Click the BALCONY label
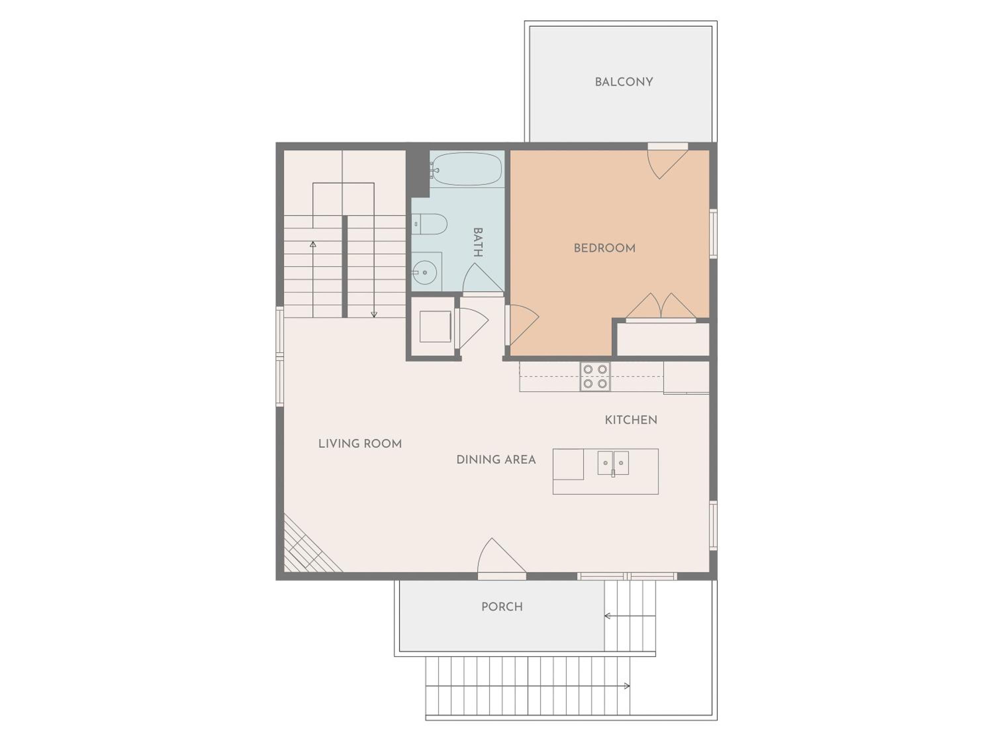tap(624, 82)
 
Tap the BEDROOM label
tap(605, 248)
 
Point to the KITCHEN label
tap(631, 420)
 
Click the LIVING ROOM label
tap(360, 444)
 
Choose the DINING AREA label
tap(496, 460)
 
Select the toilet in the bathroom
tap(430, 224)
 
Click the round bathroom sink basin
tap(424, 272)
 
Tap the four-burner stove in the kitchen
tap(595, 376)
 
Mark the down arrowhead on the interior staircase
tap(374, 315)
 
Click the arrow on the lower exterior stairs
tap(528, 686)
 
